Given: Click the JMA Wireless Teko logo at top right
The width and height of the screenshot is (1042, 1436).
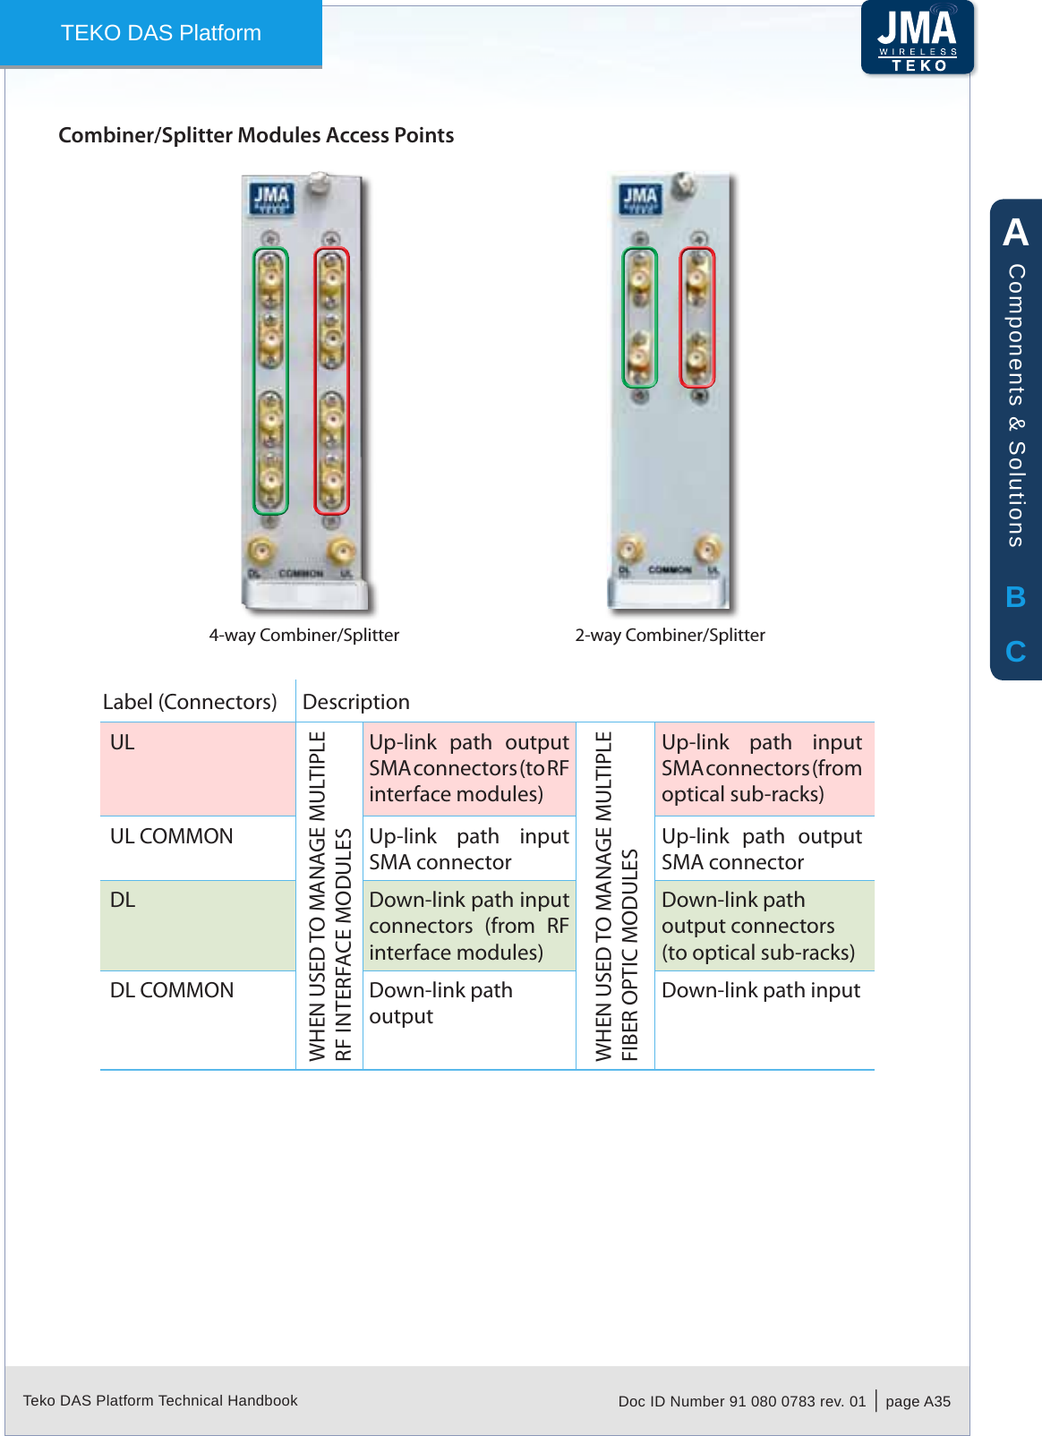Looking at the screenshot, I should point(918,38).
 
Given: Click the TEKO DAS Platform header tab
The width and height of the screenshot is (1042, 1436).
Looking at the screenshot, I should point(161,33).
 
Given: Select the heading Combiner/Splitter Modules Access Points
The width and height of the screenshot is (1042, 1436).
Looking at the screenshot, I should point(256,135).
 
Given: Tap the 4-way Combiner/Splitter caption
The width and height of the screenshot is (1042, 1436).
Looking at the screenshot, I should point(303,635).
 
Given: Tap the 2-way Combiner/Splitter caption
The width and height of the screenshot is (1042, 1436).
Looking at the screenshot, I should point(670,635).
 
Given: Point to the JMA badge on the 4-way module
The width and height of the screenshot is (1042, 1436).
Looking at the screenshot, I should point(270,199).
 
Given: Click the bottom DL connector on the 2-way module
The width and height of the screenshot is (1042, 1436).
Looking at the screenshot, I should point(630,549).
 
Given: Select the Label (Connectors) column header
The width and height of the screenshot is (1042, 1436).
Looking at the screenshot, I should point(190,702).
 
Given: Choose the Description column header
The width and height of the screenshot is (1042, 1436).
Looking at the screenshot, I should point(356,702).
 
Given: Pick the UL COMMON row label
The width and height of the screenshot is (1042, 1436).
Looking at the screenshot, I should point(171,836).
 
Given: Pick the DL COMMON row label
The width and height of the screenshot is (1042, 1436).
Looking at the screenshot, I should point(171,990).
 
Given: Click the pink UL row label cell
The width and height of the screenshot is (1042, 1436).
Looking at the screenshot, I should point(197,768).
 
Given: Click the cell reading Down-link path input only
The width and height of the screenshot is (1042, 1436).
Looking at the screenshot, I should point(761,990).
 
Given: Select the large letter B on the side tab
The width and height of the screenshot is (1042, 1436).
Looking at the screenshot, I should point(1015,597).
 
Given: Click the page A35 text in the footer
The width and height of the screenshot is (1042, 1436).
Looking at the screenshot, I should point(918,1401).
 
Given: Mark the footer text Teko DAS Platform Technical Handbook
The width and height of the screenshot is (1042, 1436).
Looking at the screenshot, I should point(160,1400).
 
